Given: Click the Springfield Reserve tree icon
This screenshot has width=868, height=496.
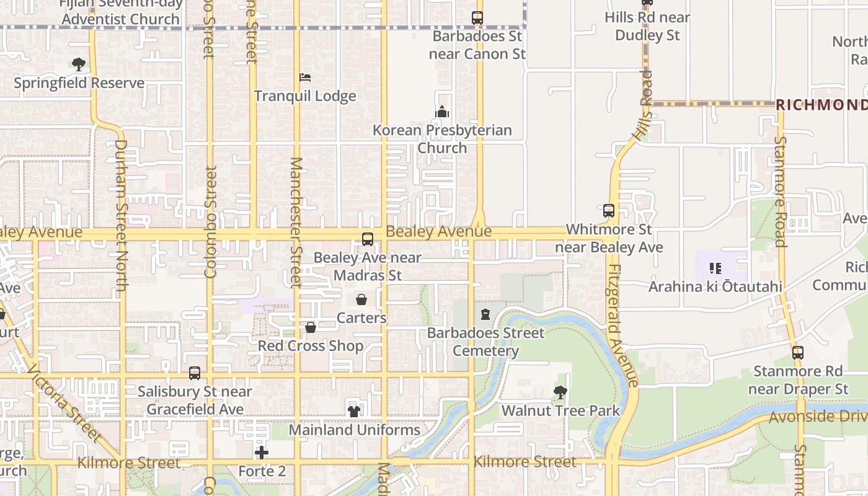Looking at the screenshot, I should (x=78, y=64).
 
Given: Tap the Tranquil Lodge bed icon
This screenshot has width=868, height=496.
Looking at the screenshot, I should (x=305, y=77).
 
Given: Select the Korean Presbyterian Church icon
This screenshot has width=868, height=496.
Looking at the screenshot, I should (x=442, y=112).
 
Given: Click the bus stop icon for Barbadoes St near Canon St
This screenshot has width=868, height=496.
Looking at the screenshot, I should (x=477, y=18).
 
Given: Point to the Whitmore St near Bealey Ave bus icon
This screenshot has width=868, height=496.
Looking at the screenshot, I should (x=609, y=211).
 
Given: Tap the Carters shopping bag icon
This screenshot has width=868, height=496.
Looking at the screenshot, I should (x=361, y=300).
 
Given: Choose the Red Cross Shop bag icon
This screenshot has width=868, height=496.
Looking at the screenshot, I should (x=311, y=327).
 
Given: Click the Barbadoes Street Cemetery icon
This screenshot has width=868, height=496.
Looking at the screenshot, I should (x=485, y=314).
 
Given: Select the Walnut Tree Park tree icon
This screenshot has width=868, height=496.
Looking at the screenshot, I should (x=560, y=392).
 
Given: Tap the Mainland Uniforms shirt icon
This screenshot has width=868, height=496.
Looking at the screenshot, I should (x=354, y=411).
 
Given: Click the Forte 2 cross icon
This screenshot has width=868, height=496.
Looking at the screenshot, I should (x=262, y=453).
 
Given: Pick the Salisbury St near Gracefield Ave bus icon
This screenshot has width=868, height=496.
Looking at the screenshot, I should (x=195, y=373).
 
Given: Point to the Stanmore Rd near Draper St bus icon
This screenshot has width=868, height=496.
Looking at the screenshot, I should (x=798, y=353).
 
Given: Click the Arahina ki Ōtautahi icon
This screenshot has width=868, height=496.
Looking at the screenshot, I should (x=715, y=268).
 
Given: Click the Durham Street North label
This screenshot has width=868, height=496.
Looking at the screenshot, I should (x=120, y=215).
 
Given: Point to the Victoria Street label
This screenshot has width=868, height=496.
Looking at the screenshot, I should (x=64, y=406).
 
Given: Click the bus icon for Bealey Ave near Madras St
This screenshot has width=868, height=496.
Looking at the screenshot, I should (x=368, y=239).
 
